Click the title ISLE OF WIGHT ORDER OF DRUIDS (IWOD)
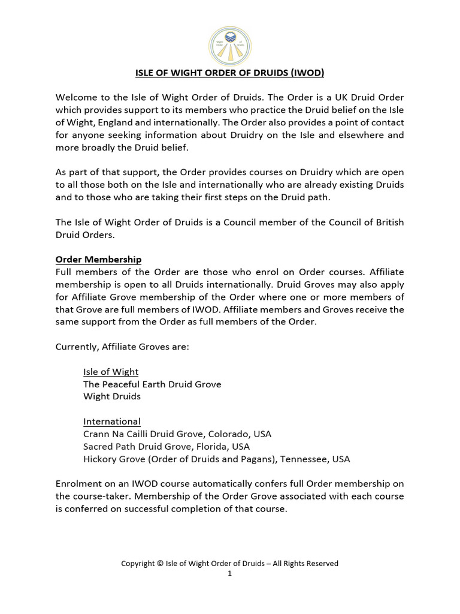(x=229, y=74)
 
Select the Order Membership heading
(x=98, y=260)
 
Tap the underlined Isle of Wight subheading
(x=111, y=372)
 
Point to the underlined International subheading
(x=112, y=422)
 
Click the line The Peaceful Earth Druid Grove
(x=152, y=384)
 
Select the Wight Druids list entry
(x=111, y=397)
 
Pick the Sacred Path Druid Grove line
(x=167, y=447)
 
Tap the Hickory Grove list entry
(x=216, y=459)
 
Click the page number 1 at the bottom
(x=229, y=573)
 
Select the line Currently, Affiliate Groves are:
(x=122, y=347)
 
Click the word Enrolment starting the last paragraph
(x=78, y=483)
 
